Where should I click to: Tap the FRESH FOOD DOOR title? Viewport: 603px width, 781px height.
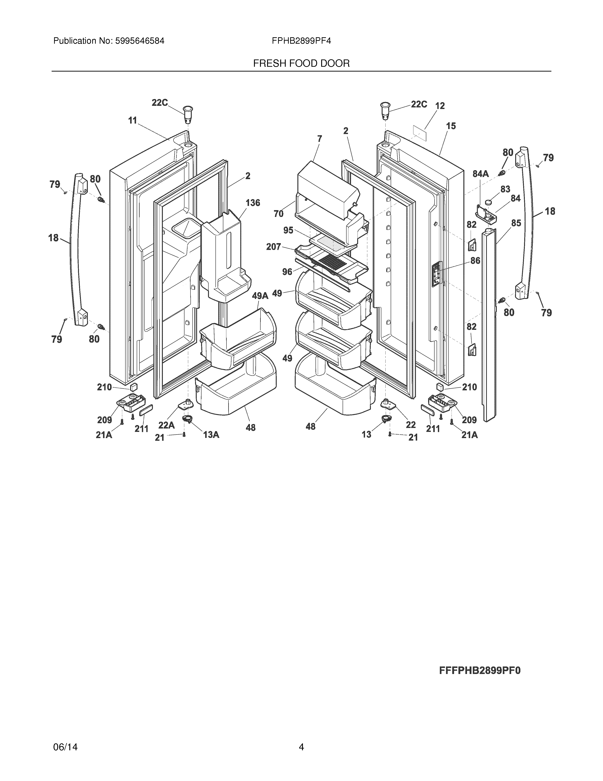tap(301, 64)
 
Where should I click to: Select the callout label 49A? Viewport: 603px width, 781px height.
tap(260, 296)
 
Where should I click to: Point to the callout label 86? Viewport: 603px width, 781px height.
tap(475, 261)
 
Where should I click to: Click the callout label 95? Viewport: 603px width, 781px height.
tap(288, 230)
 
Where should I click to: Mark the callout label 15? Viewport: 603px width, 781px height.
tap(451, 126)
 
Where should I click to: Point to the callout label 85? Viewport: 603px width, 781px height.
tap(516, 223)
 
